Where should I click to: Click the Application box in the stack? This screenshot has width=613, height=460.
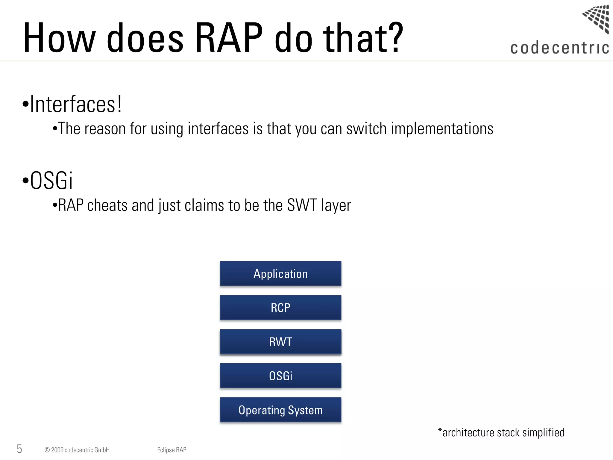click(280, 274)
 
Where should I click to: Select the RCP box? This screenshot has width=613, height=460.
click(280, 308)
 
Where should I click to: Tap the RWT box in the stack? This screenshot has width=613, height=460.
click(280, 342)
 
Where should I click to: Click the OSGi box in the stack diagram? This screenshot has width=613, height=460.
click(280, 376)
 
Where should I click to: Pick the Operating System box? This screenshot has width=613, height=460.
click(280, 410)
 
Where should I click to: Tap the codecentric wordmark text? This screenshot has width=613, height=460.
click(559, 48)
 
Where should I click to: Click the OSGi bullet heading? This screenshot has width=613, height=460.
click(51, 181)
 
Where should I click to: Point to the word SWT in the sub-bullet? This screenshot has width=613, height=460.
click(302, 205)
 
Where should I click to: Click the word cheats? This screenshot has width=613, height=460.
click(107, 205)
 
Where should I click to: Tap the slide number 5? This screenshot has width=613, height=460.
click(19, 449)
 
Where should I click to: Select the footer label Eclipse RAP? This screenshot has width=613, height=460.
click(172, 450)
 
